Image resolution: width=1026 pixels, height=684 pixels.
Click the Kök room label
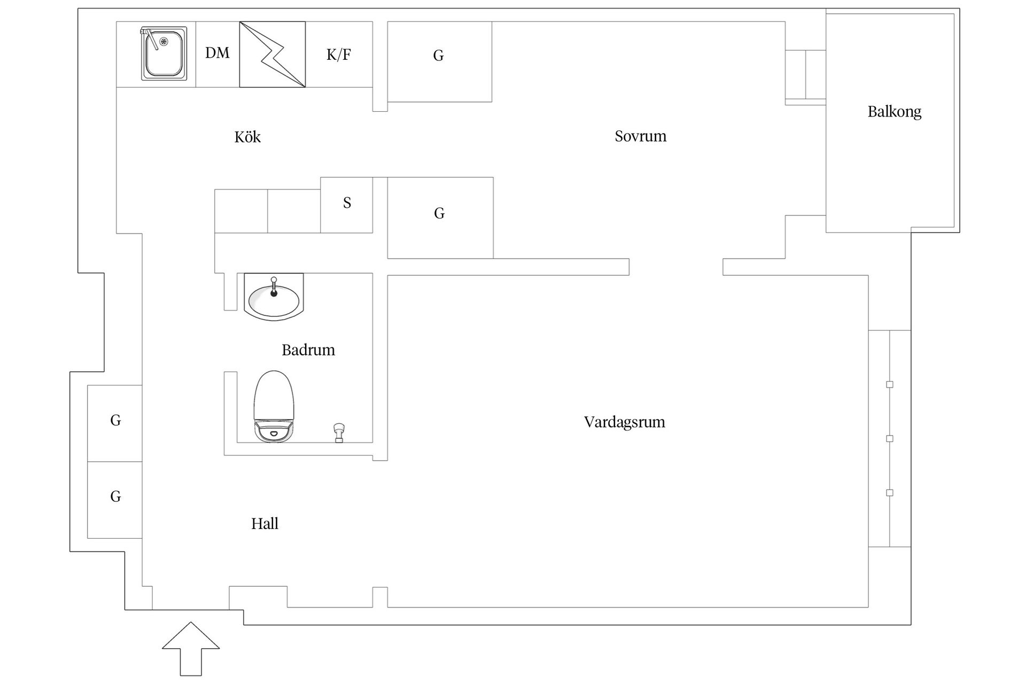[x=247, y=137]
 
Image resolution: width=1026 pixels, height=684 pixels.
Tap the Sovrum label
[x=640, y=136]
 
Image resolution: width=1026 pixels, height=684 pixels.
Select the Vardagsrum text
[x=624, y=422]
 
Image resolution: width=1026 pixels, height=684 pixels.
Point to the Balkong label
[x=895, y=112]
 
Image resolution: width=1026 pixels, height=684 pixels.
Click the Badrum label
[x=308, y=350]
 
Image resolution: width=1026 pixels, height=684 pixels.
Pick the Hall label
[x=265, y=524]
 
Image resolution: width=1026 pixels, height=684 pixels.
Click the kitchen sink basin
[x=164, y=54]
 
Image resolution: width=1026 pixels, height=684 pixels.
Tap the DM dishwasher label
[x=217, y=53]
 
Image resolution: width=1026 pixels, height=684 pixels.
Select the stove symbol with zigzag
[x=273, y=55]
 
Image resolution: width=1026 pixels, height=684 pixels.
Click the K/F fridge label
[x=339, y=55]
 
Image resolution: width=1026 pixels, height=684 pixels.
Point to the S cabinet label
[x=347, y=203]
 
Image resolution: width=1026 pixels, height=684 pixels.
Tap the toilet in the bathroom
[x=274, y=407]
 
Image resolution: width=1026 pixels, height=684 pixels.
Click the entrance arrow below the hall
[x=191, y=649]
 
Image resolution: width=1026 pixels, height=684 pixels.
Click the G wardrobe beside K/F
[x=439, y=61]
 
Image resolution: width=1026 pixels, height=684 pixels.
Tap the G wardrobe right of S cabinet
[x=440, y=218]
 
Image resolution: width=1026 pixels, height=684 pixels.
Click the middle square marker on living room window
[x=890, y=439]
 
